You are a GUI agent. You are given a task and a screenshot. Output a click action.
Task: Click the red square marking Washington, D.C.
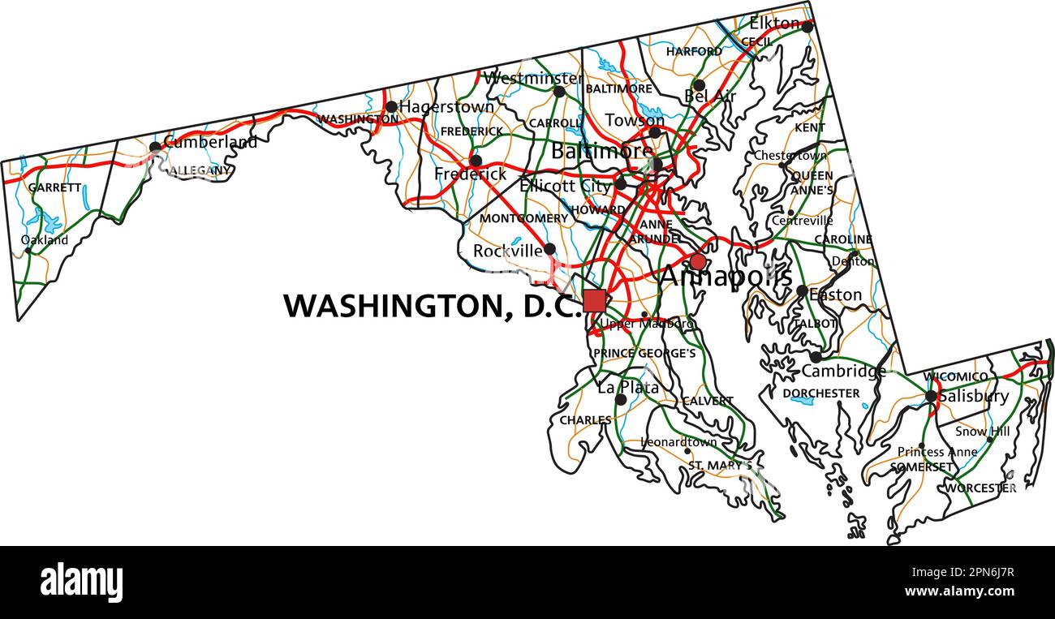(594, 301)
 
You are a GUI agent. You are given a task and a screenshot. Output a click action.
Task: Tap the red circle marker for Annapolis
(698, 262)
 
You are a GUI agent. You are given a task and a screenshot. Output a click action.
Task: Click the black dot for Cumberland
(155, 147)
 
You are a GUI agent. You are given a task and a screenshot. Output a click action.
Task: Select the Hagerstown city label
(446, 106)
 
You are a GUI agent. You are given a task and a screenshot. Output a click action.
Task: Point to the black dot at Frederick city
(476, 161)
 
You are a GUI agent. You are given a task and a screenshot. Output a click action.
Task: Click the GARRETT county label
(55, 187)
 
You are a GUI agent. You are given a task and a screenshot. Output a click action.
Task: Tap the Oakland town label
(45, 240)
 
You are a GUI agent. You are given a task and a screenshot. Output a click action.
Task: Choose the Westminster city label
(532, 79)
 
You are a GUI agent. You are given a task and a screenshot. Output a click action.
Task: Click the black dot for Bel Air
(699, 85)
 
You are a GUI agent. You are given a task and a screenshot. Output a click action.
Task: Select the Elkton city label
(774, 24)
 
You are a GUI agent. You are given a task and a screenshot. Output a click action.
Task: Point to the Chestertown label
(790, 155)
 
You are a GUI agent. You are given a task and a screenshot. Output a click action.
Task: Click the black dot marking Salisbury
(931, 396)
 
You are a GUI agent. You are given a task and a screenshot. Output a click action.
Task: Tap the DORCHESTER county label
(821, 393)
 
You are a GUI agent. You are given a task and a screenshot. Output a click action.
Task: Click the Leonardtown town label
(679, 442)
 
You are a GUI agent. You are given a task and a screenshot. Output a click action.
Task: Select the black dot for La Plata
(621, 399)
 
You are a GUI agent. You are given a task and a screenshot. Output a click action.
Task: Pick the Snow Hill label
(982, 432)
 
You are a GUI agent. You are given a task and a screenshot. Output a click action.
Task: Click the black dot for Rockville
(549, 249)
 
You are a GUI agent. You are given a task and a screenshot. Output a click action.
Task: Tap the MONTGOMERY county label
(523, 218)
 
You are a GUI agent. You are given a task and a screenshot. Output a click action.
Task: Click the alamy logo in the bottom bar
(81, 582)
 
